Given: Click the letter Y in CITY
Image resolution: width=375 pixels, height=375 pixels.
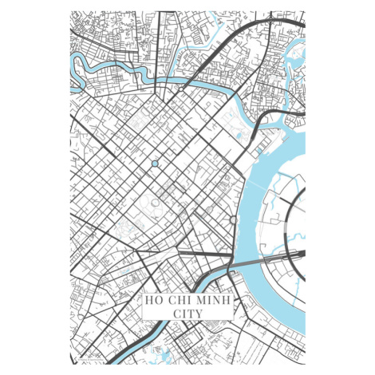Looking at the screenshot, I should pos(199,314).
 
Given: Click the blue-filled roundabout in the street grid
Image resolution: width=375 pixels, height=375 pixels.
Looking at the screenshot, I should pos(155,164).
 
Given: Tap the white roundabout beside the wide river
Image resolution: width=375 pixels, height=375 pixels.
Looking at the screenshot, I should pos(233,219).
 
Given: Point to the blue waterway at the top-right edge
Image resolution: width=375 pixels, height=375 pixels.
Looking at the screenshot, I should pos(297,56).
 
